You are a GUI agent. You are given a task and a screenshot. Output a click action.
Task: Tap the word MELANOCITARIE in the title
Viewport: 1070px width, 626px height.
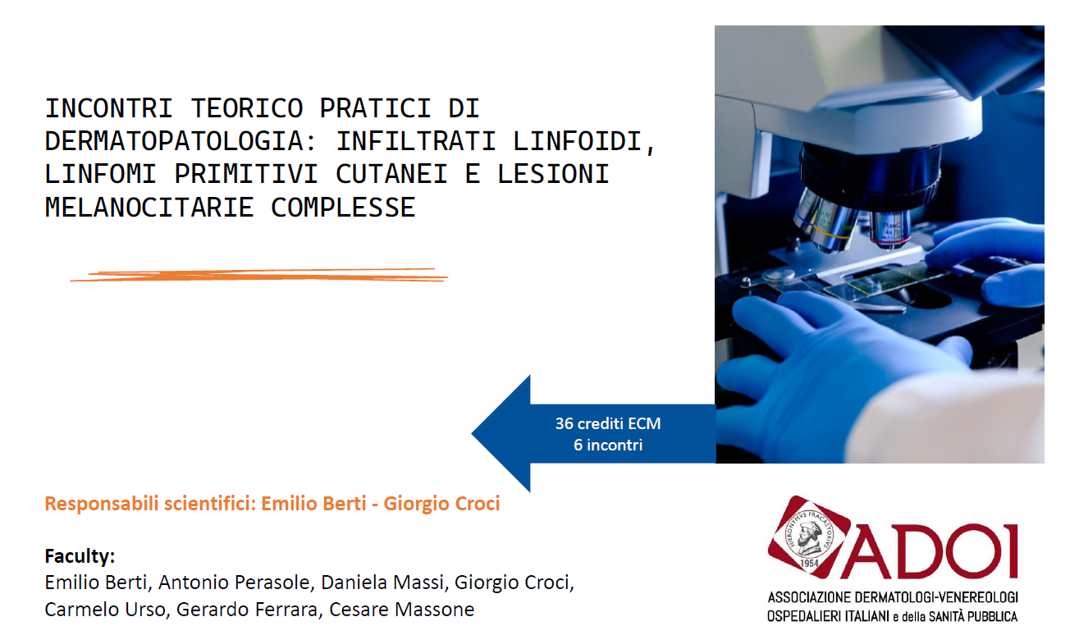pos(149,208)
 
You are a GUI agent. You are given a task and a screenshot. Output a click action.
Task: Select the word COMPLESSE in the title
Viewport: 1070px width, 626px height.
pos(343,208)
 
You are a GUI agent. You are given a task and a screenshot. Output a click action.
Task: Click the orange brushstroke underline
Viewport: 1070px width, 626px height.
pos(259,275)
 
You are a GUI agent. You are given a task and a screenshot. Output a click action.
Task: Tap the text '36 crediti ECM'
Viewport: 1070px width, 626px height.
pos(607,423)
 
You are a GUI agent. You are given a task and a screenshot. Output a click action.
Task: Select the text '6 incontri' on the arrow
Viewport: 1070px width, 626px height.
pos(607,445)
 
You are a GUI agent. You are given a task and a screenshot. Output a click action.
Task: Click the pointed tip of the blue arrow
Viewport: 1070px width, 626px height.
pos(473,433)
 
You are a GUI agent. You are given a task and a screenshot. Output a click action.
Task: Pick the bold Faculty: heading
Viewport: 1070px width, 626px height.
pos(80,556)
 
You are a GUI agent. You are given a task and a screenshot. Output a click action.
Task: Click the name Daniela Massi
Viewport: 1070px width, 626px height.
pos(382,583)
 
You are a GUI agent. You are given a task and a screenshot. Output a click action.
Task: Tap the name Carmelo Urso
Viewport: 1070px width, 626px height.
pos(103,610)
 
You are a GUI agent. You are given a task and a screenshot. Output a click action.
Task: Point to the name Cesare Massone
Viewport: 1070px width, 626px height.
pos(402,610)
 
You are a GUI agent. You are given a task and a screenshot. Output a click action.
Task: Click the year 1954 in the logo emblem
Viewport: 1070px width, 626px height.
pos(809,563)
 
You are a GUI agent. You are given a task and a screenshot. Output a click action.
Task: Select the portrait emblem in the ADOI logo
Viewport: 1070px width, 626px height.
pos(808,537)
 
